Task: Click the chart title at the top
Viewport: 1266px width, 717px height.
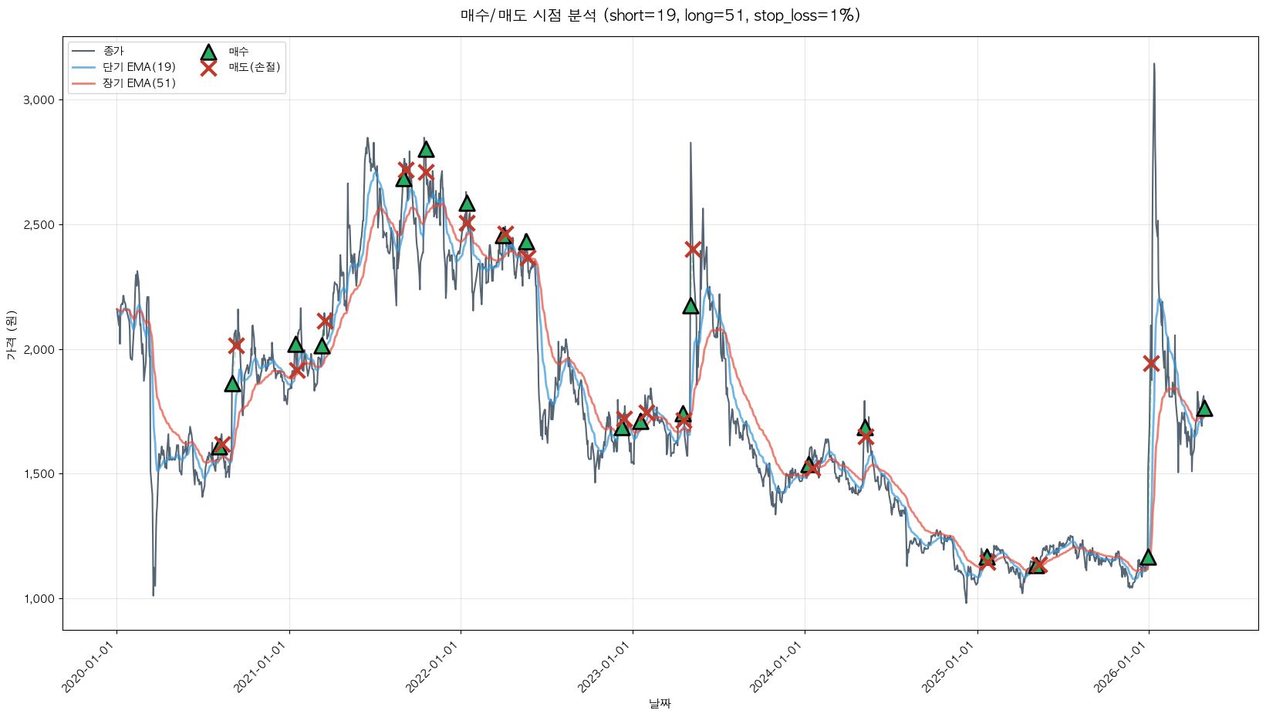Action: pyautogui.click(x=660, y=15)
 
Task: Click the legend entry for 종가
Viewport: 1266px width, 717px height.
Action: pyautogui.click(x=113, y=51)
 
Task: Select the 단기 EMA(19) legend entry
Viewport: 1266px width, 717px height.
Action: pyautogui.click(x=139, y=67)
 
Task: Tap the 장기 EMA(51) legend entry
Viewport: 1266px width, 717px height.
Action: pyautogui.click(x=139, y=83)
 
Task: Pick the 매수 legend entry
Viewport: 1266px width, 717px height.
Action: pyautogui.click(x=238, y=52)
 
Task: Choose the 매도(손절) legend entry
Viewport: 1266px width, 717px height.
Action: pyautogui.click(x=254, y=67)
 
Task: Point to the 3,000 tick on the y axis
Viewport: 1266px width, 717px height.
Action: pyautogui.click(x=39, y=100)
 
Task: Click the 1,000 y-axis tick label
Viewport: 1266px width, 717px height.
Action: pyautogui.click(x=39, y=599)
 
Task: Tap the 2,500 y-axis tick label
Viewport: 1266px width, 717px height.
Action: pyautogui.click(x=39, y=225)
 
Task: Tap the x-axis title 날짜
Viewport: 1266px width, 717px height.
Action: pyautogui.click(x=660, y=703)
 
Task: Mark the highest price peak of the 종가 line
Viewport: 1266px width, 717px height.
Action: pyautogui.click(x=1154, y=64)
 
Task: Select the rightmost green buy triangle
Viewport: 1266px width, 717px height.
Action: pyautogui.click(x=1204, y=408)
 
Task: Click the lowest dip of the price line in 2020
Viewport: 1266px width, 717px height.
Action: pyautogui.click(x=153, y=594)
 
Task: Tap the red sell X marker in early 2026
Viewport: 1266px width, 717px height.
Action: pyautogui.click(x=1151, y=363)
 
